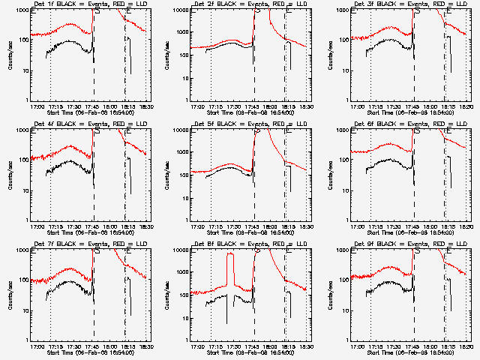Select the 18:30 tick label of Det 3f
(467, 107)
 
